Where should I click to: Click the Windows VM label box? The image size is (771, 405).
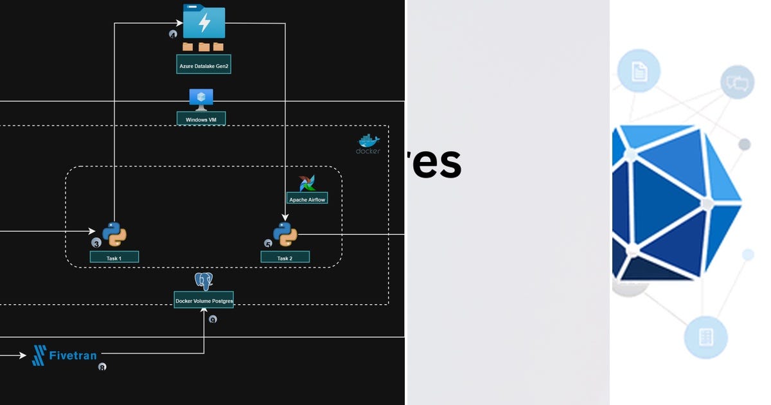pos(201,119)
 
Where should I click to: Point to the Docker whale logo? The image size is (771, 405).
pos(369,141)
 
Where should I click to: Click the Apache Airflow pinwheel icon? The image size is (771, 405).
pos(307,183)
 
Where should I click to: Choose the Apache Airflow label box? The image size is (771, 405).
pos(307,199)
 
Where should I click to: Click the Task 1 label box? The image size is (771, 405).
pos(114,258)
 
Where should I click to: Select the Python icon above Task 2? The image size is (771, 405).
pos(285,234)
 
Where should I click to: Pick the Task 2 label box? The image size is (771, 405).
pos(285,258)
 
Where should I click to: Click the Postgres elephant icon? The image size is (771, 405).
pos(204,281)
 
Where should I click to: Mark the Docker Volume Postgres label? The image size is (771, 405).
pos(204,300)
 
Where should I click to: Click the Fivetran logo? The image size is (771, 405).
pos(65,355)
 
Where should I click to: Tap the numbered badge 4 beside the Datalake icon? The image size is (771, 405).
pos(173,34)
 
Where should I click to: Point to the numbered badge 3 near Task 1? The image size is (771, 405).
pos(96,243)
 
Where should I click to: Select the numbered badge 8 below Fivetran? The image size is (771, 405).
pos(102,367)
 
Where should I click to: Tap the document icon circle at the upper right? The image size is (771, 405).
pos(639,71)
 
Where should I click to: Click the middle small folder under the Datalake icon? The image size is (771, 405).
pos(204,47)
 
